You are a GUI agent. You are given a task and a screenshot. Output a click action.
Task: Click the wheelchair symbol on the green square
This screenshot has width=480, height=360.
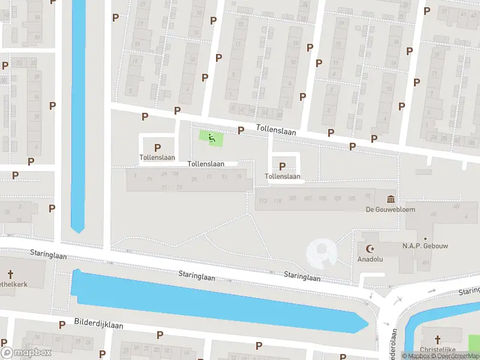(211, 139)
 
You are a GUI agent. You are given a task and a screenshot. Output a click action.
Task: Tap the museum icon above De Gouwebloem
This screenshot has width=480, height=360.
(391, 199)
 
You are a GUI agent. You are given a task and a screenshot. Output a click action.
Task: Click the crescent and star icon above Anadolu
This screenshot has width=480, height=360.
(369, 248)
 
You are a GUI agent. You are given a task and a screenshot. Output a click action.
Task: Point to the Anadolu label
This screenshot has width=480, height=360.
(370, 259)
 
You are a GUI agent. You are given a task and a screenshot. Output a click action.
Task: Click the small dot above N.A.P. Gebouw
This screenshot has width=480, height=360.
(425, 238)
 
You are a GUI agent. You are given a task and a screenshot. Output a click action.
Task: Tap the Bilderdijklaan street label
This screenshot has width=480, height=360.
(98, 325)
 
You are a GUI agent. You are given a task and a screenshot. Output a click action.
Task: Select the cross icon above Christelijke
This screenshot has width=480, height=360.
(437, 338)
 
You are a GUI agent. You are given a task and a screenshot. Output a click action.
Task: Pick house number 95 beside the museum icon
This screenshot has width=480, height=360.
(367, 197)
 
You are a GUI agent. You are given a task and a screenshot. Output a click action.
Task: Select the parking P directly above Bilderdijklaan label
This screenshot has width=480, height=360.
(62, 325)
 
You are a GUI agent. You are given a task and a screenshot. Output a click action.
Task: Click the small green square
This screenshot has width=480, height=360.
(211, 139)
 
